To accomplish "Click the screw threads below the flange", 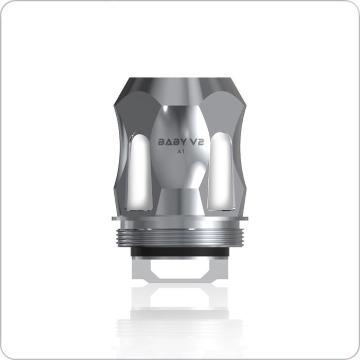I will (180, 233).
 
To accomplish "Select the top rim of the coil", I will (180, 81).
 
